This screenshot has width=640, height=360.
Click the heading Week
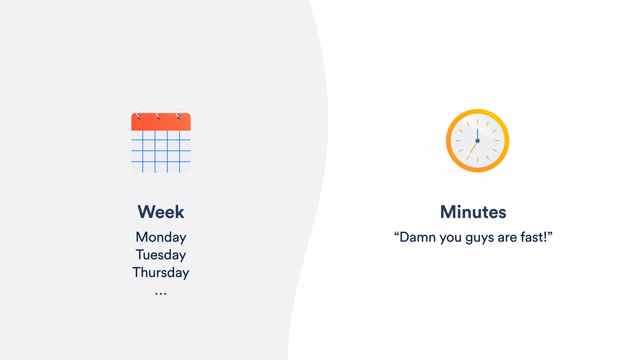[x=161, y=212]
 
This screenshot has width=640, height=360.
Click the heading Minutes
[x=473, y=212]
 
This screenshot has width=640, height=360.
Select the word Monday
[x=161, y=237]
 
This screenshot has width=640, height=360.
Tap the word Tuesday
[x=161, y=255]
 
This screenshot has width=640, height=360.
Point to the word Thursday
[x=161, y=272]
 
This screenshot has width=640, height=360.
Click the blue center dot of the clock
[x=477, y=141]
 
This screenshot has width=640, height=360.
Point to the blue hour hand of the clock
[x=477, y=134]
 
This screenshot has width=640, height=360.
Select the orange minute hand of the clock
[x=473, y=147]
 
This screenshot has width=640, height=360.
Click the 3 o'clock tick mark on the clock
[x=497, y=141]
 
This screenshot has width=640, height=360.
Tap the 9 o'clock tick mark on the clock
[x=458, y=141]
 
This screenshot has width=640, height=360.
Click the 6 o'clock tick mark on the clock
[x=477, y=160]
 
